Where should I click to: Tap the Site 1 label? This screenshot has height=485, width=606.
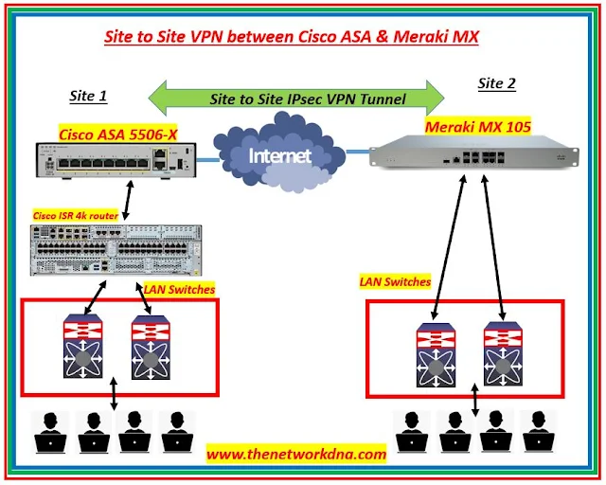pos(88,96)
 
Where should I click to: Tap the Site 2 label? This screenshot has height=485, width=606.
pos(497,83)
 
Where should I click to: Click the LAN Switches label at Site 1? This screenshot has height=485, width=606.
pos(179,289)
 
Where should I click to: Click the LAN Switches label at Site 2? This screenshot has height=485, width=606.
pos(395,281)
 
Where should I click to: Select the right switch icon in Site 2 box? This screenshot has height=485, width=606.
pos(502,355)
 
